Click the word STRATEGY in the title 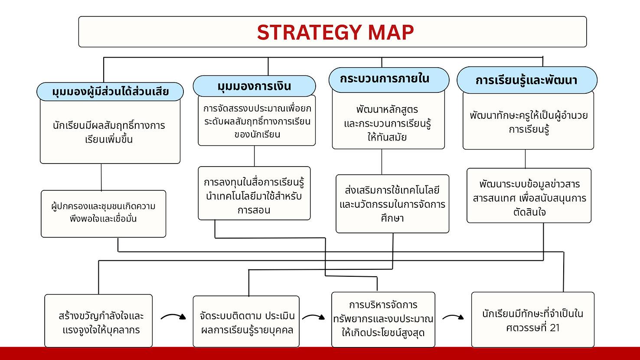[x=310, y=32]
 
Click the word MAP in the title [x=391, y=32]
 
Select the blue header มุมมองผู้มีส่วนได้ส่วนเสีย [x=110, y=92]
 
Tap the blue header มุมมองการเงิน [x=254, y=86]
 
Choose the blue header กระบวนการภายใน [x=389, y=80]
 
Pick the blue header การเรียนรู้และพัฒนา [x=527, y=80]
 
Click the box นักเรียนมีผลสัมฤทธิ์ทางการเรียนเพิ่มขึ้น [x=110, y=132]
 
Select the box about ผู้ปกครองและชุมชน [x=104, y=214]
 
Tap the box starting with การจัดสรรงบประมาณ [x=257, y=121]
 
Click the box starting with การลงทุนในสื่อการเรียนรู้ [x=254, y=193]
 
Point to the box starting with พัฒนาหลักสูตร [x=388, y=120]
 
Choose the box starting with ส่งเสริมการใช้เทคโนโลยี [x=392, y=204]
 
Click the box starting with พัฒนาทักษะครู [x=528, y=121]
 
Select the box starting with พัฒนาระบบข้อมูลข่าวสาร [x=529, y=196]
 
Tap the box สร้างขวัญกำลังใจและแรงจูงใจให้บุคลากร [x=98, y=321]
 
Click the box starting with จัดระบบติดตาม [x=246, y=322]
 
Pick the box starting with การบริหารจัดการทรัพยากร [x=383, y=320]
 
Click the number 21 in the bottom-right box [x=555, y=328]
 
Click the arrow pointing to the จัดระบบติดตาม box [x=173, y=315]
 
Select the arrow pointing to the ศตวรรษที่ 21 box [x=453, y=316]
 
